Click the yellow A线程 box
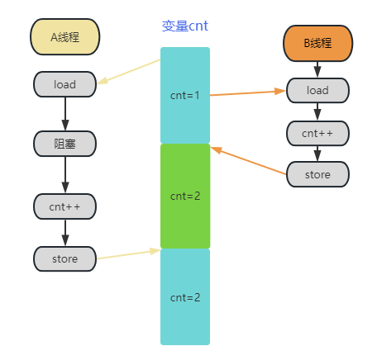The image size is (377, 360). pyautogui.click(x=64, y=37)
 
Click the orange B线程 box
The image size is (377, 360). pyautogui.click(x=317, y=43)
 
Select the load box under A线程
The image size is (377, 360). pyautogui.click(x=64, y=83)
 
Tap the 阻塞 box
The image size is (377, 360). pyautogui.click(x=64, y=144)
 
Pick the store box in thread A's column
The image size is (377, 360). pyautogui.click(x=64, y=258)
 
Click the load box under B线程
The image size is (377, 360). pyautogui.click(x=317, y=90)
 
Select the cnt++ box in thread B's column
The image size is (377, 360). pyautogui.click(x=317, y=133)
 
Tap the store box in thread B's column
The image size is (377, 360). pyautogui.click(x=317, y=174)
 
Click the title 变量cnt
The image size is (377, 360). pyautogui.click(x=185, y=26)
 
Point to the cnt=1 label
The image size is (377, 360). pyautogui.click(x=185, y=95)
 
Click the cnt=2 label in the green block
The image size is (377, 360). pyautogui.click(x=185, y=196)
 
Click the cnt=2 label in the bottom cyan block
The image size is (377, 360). pyautogui.click(x=185, y=296)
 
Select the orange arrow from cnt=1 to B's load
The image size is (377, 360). pyautogui.click(x=248, y=92)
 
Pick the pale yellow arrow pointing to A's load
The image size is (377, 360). pyautogui.click(x=129, y=72)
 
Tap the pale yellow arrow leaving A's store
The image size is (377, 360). pyautogui.click(x=128, y=254)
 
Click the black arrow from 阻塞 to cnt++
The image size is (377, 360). pyautogui.click(x=64, y=174)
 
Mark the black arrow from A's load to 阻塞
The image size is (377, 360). pyautogui.click(x=64, y=113)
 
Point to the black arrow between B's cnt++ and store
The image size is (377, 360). pyautogui.click(x=317, y=153)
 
